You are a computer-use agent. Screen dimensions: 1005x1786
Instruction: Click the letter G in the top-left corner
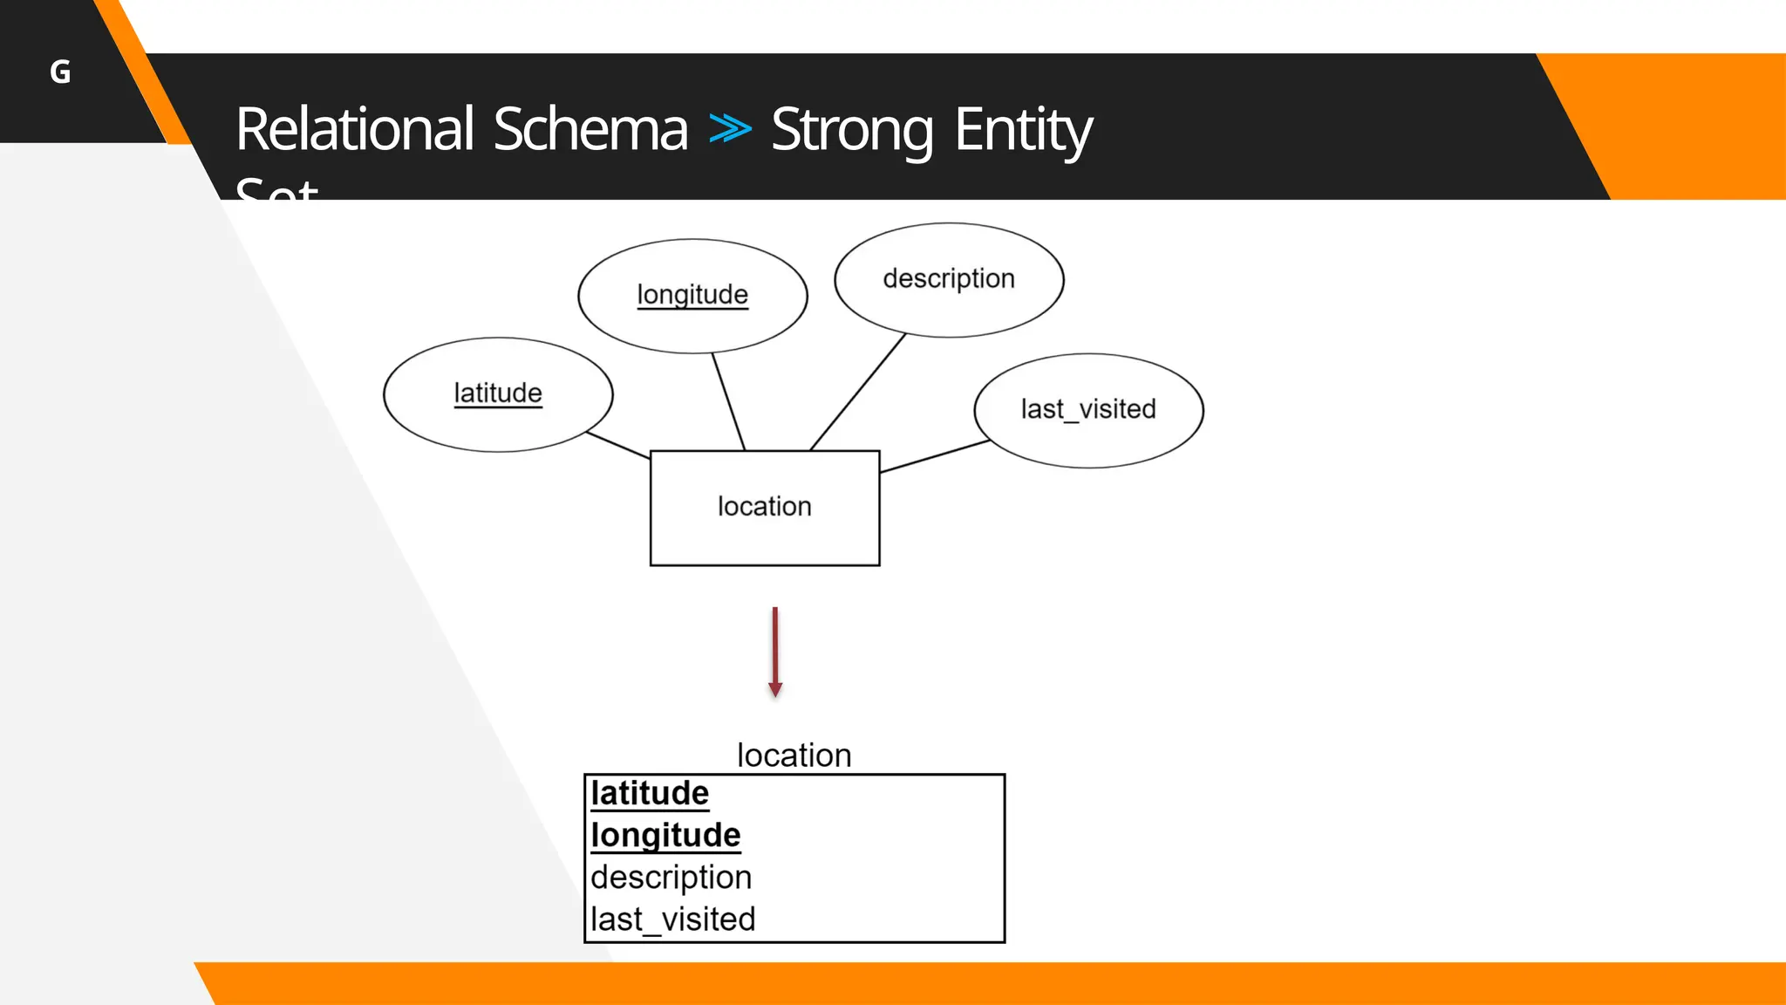click(60, 72)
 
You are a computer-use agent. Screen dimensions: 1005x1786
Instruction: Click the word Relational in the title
click(355, 129)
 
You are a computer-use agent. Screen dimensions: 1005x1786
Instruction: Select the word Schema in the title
click(590, 129)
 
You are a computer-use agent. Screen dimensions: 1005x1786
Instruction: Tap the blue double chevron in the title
click(730, 128)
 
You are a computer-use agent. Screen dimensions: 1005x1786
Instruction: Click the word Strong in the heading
click(852, 129)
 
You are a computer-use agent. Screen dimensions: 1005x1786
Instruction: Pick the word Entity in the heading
click(1022, 129)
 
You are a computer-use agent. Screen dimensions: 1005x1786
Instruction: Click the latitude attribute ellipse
click(498, 393)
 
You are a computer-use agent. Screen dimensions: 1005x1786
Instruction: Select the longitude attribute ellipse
click(692, 295)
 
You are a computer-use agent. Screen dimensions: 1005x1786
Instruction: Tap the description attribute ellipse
click(949, 279)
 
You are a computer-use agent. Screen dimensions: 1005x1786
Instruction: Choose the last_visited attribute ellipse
click(1088, 409)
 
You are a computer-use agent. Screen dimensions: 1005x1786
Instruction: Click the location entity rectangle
click(765, 507)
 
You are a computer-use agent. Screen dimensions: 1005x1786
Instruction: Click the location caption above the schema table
click(794, 755)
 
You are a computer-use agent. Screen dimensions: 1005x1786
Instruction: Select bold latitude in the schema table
click(650, 793)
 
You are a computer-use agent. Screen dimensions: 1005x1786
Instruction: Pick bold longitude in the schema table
click(665, 835)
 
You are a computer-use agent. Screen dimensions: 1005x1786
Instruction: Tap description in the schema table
click(671, 877)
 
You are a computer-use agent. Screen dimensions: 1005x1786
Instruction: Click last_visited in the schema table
click(672, 919)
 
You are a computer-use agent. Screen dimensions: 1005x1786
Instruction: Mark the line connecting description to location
click(857, 392)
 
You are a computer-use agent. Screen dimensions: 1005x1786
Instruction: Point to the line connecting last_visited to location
click(934, 456)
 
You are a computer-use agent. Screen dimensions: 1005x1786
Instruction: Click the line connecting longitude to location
click(728, 401)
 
